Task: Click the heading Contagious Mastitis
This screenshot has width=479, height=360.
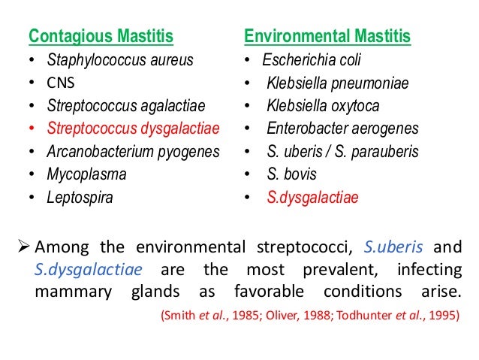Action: click(x=101, y=37)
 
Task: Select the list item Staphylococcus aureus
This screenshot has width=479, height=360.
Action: click(x=120, y=60)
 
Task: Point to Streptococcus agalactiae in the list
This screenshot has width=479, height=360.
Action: click(x=125, y=106)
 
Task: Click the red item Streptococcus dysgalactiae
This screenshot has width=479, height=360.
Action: click(x=133, y=129)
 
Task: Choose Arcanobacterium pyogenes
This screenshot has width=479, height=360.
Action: click(x=133, y=152)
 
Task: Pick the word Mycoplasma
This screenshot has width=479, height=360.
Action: click(x=86, y=174)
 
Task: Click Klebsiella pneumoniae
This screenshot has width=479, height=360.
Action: click(x=337, y=83)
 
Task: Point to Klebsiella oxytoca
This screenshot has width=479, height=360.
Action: click(x=323, y=106)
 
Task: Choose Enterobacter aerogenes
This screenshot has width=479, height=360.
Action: click(x=342, y=129)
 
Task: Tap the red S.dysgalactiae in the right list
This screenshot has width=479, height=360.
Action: click(x=312, y=198)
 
